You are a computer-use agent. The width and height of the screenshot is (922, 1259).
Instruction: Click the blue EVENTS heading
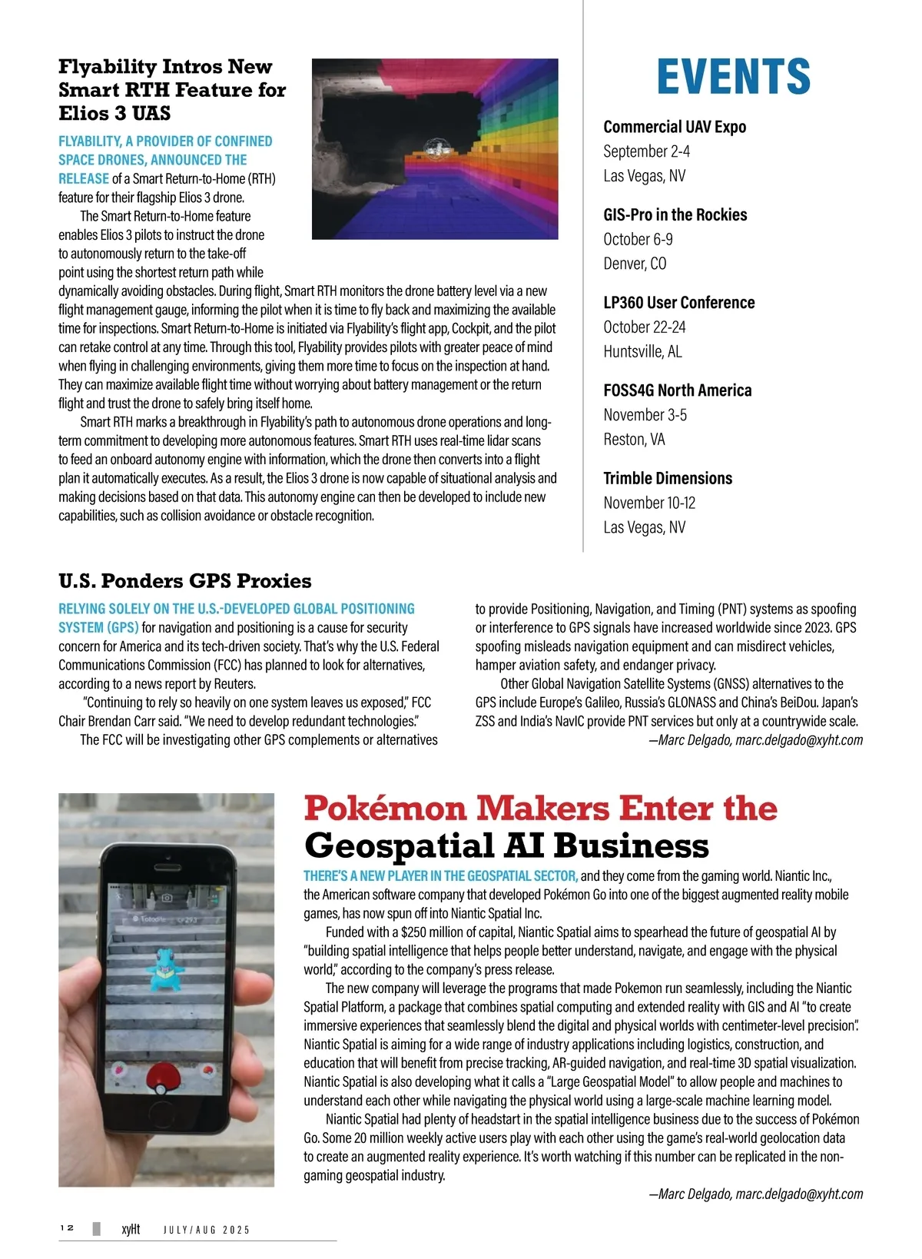coord(733,76)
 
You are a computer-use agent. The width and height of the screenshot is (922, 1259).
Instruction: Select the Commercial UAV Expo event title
coord(675,127)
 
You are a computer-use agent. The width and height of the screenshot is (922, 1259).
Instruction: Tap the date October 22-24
coord(644,327)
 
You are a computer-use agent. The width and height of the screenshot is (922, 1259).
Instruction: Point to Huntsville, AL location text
coord(642,352)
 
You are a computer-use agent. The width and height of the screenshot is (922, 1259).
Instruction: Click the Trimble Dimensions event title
coord(668,478)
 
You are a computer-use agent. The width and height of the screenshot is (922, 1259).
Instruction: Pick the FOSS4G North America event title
coord(677,390)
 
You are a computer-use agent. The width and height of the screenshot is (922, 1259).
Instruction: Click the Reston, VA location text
coord(634,440)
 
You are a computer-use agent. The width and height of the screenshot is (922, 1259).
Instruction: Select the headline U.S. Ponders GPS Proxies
coord(184,581)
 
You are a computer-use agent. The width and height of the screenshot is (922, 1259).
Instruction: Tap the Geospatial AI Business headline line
coord(506,845)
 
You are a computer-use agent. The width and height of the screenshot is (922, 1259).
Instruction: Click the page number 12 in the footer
coord(67,1228)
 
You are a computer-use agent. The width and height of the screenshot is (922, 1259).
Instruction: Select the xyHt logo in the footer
coord(131,1229)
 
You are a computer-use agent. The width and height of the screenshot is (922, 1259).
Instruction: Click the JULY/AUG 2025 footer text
coord(207,1230)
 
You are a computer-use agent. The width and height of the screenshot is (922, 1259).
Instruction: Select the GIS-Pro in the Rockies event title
coord(675,215)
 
